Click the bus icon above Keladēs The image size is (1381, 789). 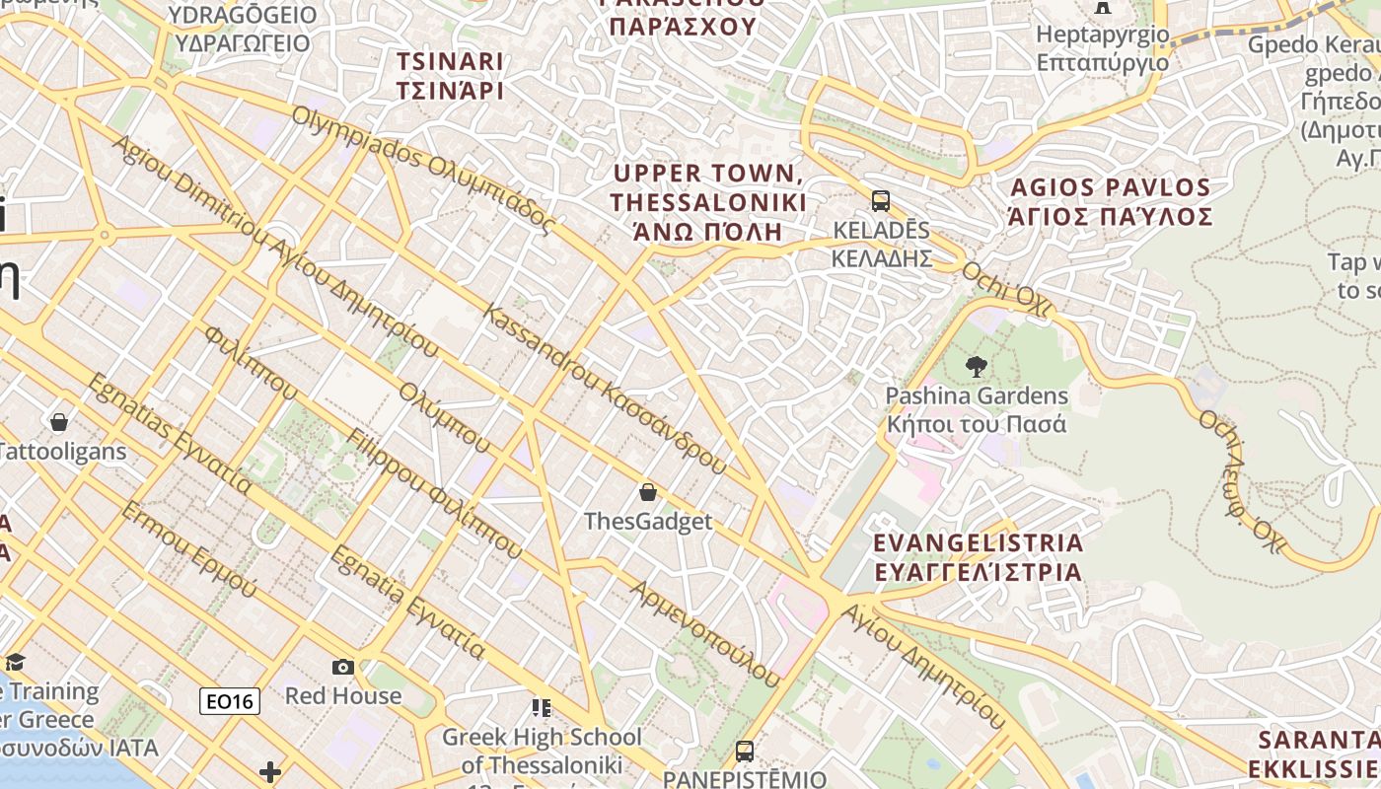[881, 201]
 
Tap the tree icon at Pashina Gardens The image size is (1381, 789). [977, 368]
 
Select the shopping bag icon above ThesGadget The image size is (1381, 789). [648, 491]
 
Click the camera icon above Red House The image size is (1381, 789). [343, 667]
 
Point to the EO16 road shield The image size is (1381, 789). [230, 701]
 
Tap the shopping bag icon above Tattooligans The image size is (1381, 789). [59, 422]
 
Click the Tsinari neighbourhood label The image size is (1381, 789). [450, 76]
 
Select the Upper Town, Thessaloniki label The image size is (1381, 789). [708, 202]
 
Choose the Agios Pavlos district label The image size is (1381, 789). [1110, 201]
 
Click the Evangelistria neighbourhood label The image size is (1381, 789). [979, 557]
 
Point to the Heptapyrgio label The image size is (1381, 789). [1102, 48]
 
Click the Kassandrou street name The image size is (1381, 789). [606, 390]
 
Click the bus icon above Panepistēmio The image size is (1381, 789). [745, 751]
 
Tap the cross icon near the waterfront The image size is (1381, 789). [270, 771]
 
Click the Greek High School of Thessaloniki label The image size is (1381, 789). [541, 751]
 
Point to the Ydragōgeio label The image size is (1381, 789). [242, 29]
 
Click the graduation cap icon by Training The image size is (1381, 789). [14, 662]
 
